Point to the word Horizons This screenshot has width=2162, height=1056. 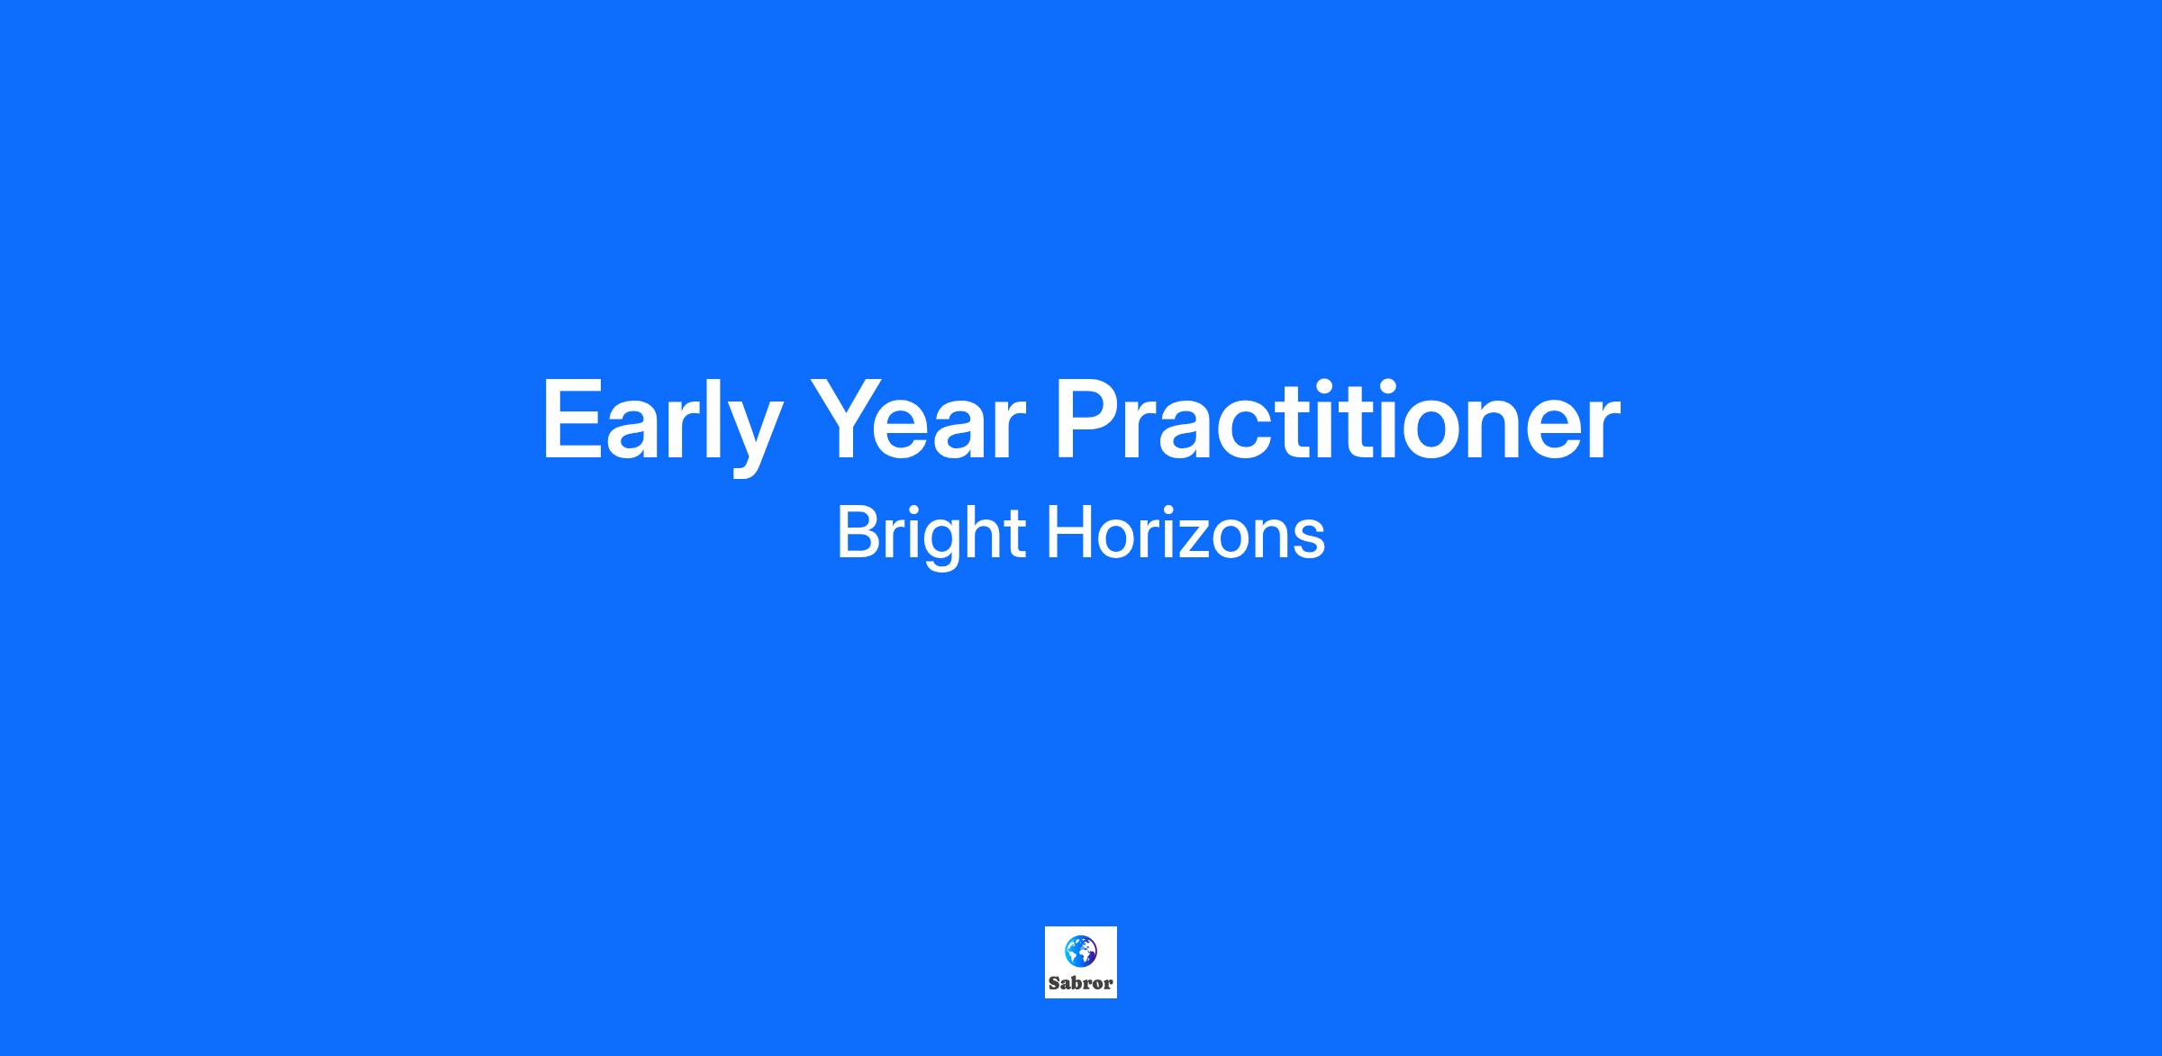pos(1185,532)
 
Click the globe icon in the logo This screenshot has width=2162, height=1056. pos(1081,951)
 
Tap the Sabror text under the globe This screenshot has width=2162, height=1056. pos(1081,983)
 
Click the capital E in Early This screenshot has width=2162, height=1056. pos(572,419)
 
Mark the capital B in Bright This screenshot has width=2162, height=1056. pos(858,532)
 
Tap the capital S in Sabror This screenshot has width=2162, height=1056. pos(1054,983)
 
